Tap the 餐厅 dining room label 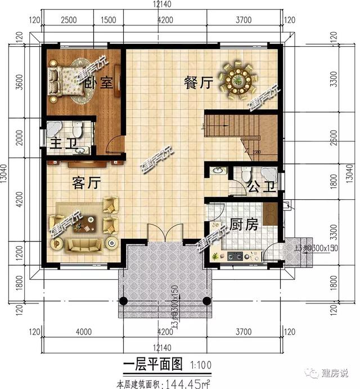pos(198,83)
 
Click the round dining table pos(238,81)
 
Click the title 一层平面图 pos(151,365)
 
